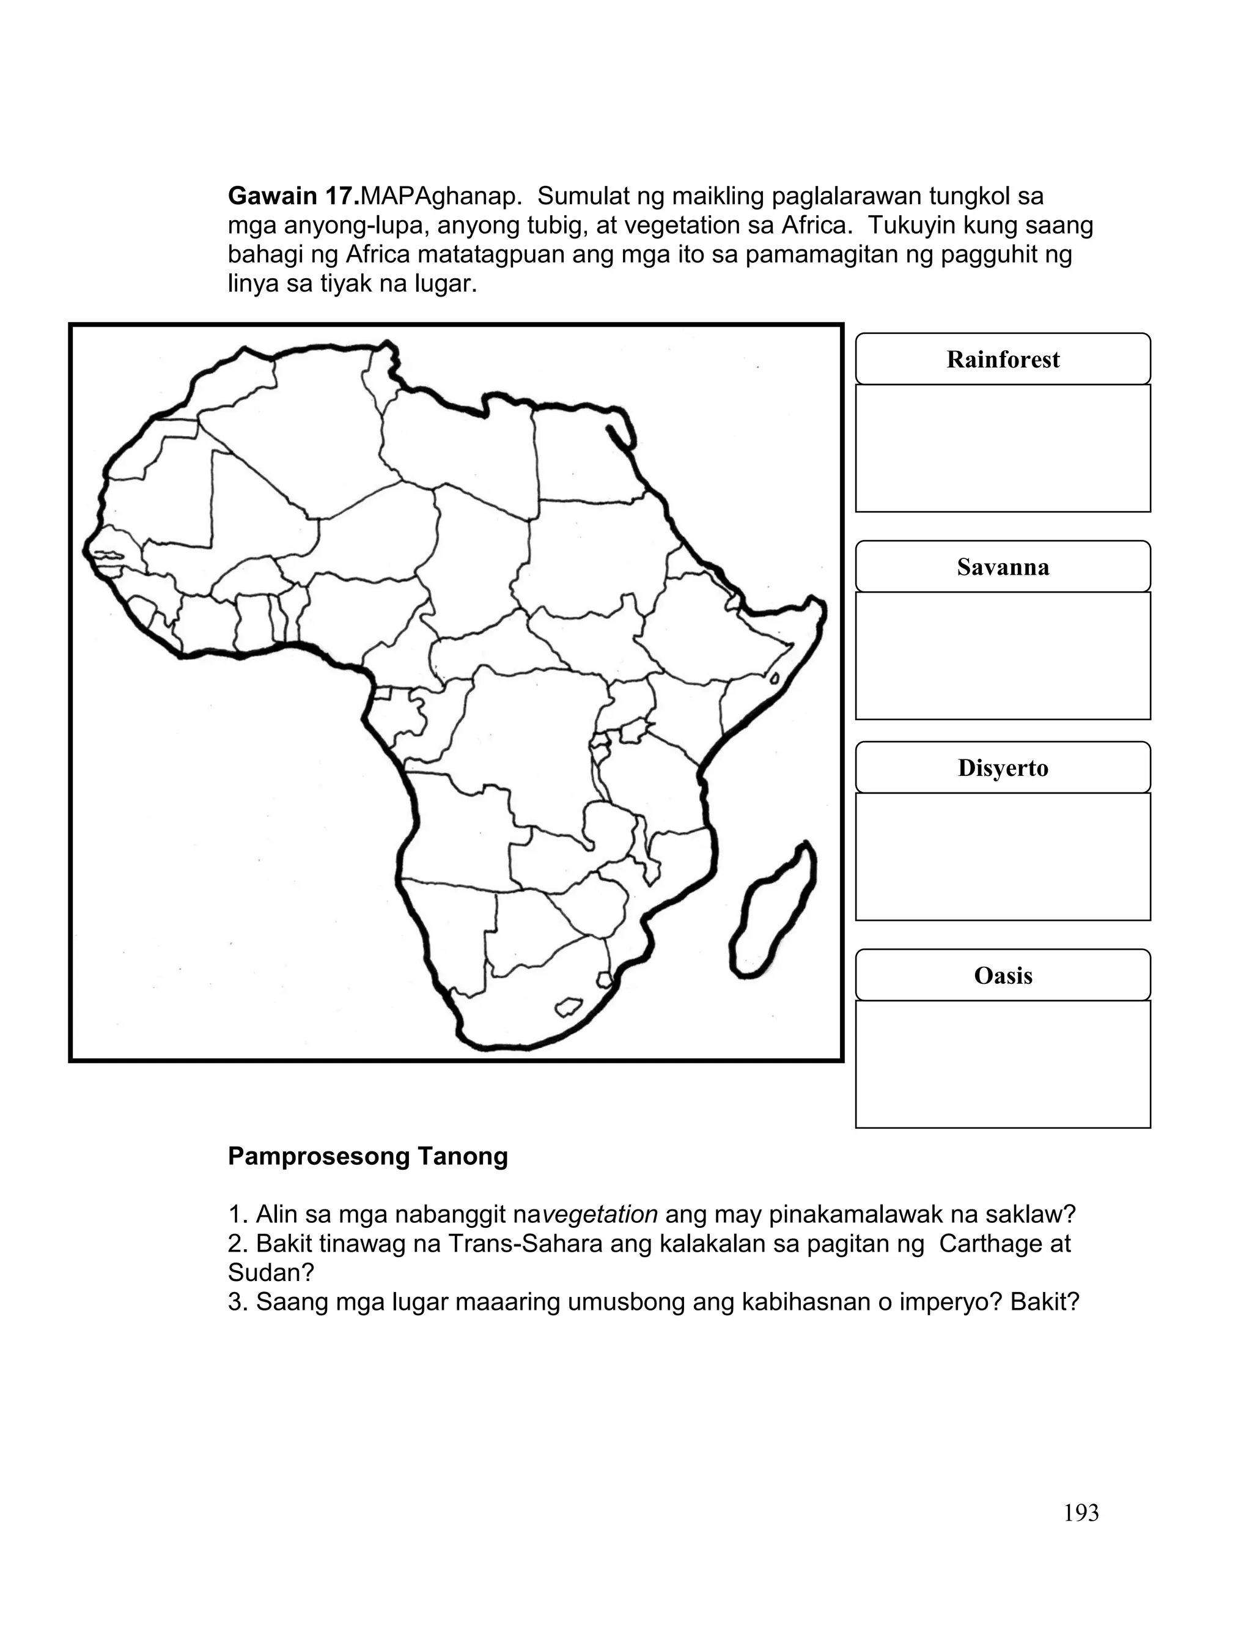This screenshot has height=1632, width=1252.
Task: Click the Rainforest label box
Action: click(x=1003, y=359)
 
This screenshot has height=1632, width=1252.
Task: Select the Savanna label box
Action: click(x=1003, y=567)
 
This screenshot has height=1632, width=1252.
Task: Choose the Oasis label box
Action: click(x=1003, y=975)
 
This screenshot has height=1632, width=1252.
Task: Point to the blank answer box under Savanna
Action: click(x=1003, y=655)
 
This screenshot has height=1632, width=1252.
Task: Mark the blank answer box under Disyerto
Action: click(x=1003, y=857)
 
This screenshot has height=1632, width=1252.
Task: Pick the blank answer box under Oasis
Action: click(x=1003, y=1064)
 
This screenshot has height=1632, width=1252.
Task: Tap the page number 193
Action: click(x=1081, y=1513)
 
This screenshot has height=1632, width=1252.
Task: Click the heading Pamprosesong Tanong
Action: click(x=367, y=1156)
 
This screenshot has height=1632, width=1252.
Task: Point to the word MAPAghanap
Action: click(x=441, y=196)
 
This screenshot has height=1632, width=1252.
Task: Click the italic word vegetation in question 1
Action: click(x=599, y=1215)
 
